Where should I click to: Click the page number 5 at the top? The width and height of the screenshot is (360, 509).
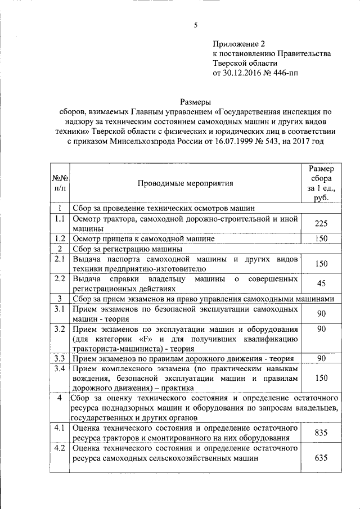tap(195, 25)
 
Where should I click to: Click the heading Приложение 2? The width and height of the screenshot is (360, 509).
tap(238, 43)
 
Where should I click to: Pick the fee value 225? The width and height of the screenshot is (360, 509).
tap(321, 223)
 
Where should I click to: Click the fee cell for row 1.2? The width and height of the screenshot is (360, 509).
tap(321, 238)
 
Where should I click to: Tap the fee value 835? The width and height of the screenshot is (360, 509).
tap(321, 432)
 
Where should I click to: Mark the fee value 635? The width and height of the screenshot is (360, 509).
tap(321, 458)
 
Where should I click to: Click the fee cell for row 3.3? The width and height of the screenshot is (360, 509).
tap(321, 358)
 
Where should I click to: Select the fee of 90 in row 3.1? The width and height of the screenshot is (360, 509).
tap(321, 313)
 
